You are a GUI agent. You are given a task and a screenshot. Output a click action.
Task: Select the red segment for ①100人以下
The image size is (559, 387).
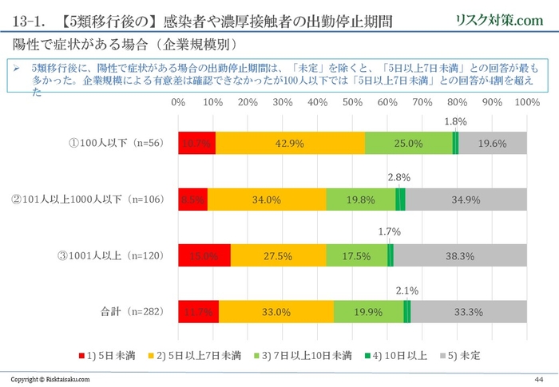[x=196, y=143]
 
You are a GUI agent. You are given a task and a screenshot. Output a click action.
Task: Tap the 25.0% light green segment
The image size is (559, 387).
[x=408, y=143]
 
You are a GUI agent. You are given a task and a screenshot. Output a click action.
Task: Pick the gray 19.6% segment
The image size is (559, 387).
[x=493, y=143]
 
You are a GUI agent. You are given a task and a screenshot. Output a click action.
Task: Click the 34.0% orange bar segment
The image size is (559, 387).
[x=267, y=199]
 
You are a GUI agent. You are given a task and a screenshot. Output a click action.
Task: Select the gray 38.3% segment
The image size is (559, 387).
[x=461, y=255]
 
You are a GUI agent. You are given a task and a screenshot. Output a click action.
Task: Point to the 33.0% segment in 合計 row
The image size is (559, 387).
[x=276, y=312]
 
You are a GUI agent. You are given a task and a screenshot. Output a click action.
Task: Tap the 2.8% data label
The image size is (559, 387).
[x=399, y=177]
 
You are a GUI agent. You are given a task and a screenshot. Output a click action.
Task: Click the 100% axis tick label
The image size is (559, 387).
[x=526, y=103]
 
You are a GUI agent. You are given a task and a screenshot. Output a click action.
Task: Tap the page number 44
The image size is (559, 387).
[x=539, y=378]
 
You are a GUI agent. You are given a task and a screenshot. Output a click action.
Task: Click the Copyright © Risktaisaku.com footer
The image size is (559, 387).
[x=50, y=379]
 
